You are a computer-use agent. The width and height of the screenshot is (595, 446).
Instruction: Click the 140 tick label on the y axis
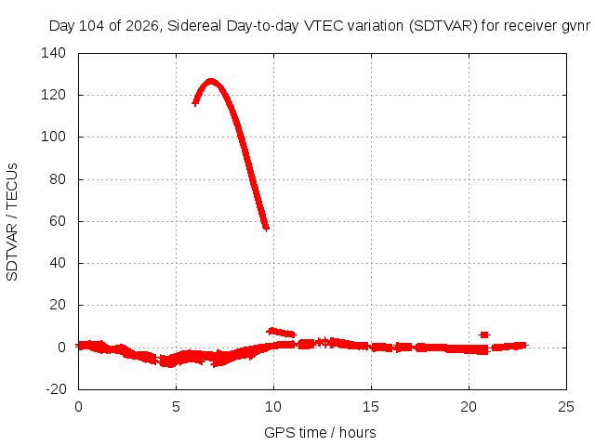53,53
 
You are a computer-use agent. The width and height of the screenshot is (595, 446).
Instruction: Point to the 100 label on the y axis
53,137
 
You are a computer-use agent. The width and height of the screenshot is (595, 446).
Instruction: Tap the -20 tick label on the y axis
56,388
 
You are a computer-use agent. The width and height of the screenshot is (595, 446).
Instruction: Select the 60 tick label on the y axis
58,221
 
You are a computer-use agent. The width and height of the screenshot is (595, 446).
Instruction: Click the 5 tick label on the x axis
176,407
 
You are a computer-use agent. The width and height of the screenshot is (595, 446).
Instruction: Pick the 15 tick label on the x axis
371,407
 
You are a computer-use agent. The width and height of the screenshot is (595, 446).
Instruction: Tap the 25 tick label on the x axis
566,407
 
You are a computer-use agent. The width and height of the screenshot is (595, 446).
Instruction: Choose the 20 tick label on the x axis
469,407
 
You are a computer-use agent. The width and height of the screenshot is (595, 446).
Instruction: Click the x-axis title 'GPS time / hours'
320,432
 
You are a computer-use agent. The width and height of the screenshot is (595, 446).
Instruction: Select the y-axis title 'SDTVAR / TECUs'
12,222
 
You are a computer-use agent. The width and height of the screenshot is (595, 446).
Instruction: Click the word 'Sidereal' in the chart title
194,26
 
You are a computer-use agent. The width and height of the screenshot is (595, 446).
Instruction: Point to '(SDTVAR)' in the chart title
443,26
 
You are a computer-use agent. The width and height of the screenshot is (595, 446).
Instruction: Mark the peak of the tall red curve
211,82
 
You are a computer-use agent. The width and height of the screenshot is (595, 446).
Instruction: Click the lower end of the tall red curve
266,228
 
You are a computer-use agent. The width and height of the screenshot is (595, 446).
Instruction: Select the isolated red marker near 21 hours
484,334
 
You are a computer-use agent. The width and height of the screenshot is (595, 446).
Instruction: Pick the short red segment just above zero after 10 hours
281,333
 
